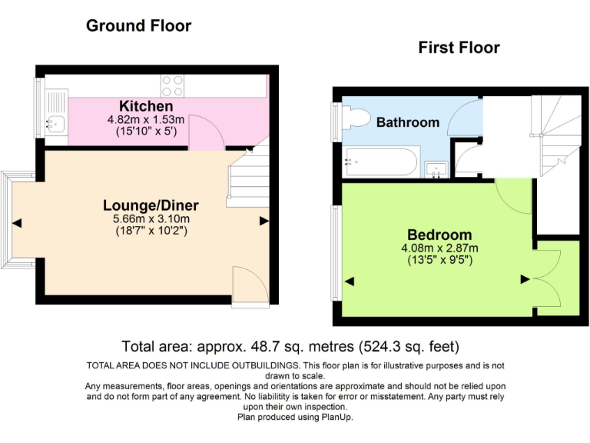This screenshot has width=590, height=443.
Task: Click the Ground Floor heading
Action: (x=138, y=25)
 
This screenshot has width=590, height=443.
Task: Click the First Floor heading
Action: (x=459, y=48)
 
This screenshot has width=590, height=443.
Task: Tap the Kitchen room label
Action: (x=146, y=105)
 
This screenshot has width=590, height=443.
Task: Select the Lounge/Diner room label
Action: (x=151, y=205)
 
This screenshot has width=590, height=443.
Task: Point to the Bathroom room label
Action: (x=408, y=122)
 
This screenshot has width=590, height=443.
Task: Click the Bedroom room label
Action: (x=439, y=234)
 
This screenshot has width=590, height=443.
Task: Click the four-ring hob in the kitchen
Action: (x=173, y=82)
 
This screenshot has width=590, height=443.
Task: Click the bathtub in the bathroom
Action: (x=382, y=162)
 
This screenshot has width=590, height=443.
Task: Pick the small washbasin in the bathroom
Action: (x=436, y=169)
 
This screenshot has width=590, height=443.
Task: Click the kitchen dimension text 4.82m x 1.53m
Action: (x=146, y=120)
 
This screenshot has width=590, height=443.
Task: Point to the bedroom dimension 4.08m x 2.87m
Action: (x=439, y=248)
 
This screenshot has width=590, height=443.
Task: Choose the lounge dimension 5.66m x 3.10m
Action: (x=151, y=218)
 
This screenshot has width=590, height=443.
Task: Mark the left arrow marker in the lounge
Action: (x=17, y=223)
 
